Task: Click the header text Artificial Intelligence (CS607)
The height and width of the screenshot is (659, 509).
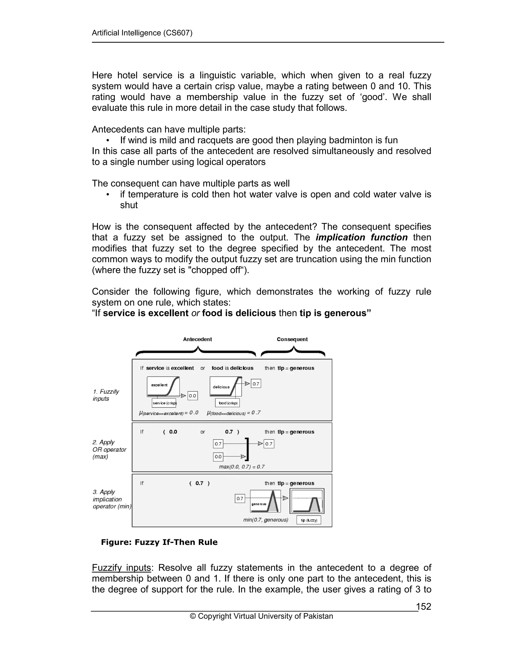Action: click(142, 33)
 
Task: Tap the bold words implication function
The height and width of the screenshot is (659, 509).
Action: click(362, 237)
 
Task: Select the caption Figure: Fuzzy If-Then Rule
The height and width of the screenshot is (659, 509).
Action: click(159, 542)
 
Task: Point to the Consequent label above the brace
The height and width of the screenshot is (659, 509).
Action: click(292, 339)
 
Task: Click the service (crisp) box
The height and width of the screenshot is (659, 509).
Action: click(164, 403)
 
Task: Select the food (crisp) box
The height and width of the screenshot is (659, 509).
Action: click(227, 403)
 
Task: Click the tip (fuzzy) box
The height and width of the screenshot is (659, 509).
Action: click(308, 520)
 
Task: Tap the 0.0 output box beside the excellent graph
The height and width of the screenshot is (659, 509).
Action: click(192, 396)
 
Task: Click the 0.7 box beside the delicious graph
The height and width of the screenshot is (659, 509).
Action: click(256, 384)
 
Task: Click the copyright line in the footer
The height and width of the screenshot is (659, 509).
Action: click(261, 616)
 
